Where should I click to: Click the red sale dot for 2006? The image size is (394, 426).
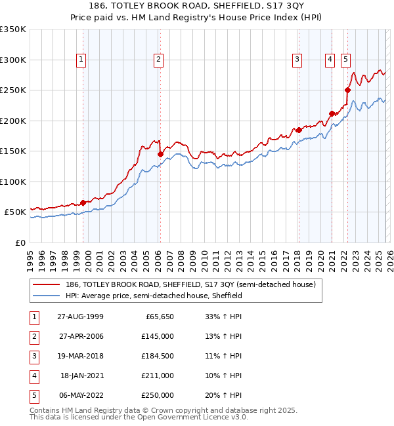click(x=160, y=154)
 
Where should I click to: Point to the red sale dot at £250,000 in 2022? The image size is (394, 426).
click(x=347, y=90)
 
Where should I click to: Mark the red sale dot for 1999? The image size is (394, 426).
click(x=83, y=203)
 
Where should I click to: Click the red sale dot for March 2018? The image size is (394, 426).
click(x=299, y=130)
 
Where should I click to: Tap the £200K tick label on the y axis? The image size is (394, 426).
click(x=13, y=121)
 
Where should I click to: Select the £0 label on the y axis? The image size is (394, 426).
click(x=20, y=242)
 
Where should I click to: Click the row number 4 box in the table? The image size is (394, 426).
click(x=32, y=376)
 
